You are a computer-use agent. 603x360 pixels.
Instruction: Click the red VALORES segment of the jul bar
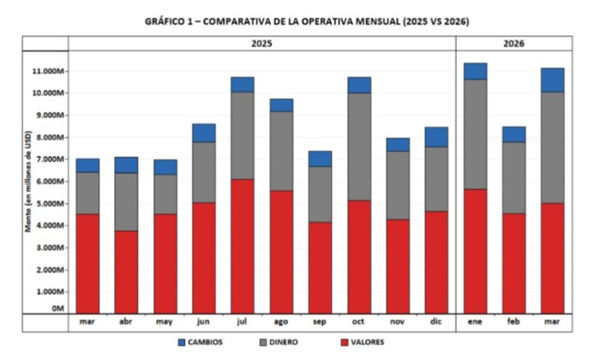pyautogui.click(x=242, y=246)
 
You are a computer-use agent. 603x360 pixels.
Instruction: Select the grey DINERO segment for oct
pyautogui.click(x=359, y=146)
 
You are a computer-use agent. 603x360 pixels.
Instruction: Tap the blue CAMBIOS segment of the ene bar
pyautogui.click(x=475, y=71)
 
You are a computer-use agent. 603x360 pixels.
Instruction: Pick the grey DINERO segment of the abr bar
pyautogui.click(x=126, y=201)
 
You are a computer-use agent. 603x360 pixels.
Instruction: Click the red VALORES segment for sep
pyautogui.click(x=320, y=268)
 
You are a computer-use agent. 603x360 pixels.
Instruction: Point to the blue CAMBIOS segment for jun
pyautogui.click(x=203, y=133)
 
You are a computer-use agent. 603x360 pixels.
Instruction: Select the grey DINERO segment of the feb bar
pyautogui.click(x=514, y=178)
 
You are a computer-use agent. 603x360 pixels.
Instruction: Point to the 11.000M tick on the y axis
pyautogui.click(x=47, y=71)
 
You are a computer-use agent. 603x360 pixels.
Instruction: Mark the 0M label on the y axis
pyautogui.click(x=58, y=307)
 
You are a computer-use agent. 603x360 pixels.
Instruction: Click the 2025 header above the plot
pyautogui.click(x=261, y=43)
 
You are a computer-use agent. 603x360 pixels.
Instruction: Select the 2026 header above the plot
pyautogui.click(x=514, y=43)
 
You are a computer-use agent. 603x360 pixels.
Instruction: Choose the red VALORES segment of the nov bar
pyautogui.click(x=397, y=266)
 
